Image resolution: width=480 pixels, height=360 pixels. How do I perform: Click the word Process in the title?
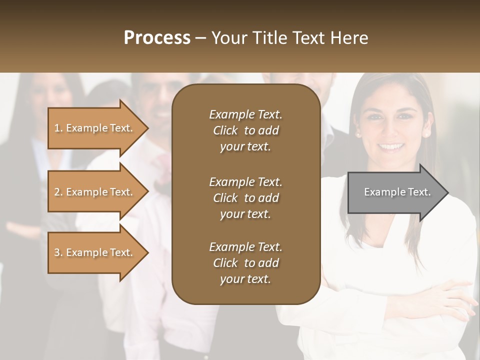[x=157, y=38]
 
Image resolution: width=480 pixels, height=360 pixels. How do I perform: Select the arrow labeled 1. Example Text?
[x=95, y=128]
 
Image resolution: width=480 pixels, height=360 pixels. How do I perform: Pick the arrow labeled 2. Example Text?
[x=95, y=192]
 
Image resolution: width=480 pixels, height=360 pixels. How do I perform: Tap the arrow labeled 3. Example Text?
[x=95, y=252]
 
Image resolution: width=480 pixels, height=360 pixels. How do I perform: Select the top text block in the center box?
[x=245, y=130]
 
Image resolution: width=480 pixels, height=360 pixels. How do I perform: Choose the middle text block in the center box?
[x=245, y=197]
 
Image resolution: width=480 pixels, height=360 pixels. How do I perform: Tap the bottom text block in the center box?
[x=245, y=262]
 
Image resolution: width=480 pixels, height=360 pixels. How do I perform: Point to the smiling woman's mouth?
[x=391, y=147]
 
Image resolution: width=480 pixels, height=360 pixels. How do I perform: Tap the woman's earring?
[x=357, y=134]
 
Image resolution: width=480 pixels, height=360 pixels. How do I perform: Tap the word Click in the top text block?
[x=225, y=130]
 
